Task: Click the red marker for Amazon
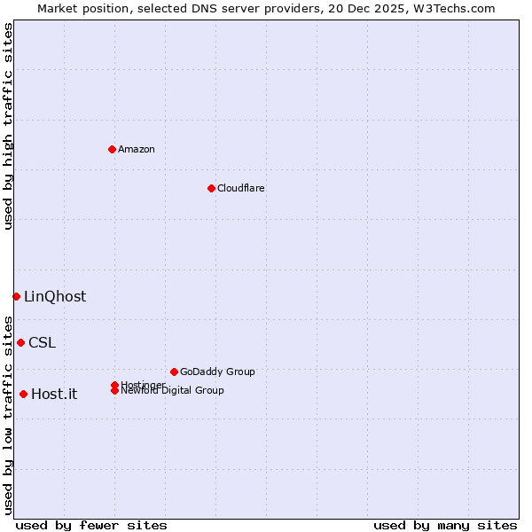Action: coord(112,149)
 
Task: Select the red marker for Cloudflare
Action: coord(211,188)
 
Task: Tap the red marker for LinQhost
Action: coord(16,296)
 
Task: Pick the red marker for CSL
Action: coord(20,342)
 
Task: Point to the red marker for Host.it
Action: coord(23,394)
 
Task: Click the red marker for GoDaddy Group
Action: coord(174,372)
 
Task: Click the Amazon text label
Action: coord(137,149)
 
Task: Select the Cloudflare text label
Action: coord(241,188)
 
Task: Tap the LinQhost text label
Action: coord(55,296)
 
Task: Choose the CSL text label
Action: coord(42,342)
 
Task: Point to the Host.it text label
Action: coord(54,394)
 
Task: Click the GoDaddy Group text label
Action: coord(217,372)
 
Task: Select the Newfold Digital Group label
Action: coord(173,390)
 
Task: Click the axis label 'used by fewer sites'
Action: coord(91,525)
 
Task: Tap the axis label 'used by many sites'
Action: coord(445,525)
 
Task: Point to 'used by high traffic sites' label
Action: coord(8,126)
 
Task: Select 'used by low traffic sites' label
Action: coord(8,415)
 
